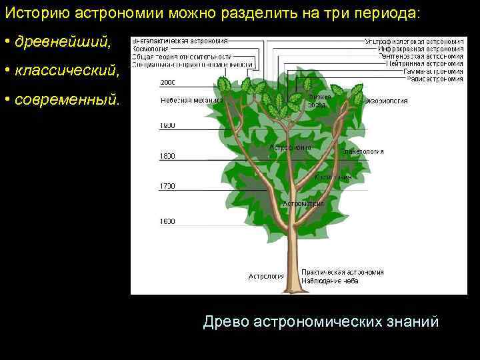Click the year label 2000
coord(167,83)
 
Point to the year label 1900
coord(167,125)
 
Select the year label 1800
coord(167,156)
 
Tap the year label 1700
coord(167,186)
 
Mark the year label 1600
coord(167,221)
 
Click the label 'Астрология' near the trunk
coord(266,275)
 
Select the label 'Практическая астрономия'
coord(343,272)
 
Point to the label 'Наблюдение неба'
coord(330,281)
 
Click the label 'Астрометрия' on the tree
coord(304,203)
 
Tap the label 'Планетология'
coord(363,151)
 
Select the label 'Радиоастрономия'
coord(434,79)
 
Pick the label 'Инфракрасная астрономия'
coord(421,49)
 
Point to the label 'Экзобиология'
coord(387,101)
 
